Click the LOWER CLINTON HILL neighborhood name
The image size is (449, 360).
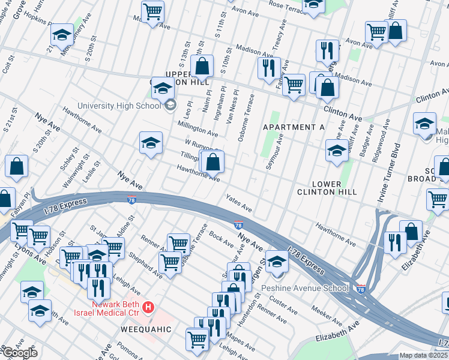pos(327,188)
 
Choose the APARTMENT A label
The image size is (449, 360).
pos(294,127)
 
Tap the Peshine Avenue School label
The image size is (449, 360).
pos(305,288)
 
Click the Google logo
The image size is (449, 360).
pos(20,353)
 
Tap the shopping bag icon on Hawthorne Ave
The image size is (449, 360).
pos(212,162)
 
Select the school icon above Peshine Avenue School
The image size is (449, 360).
pos(277,262)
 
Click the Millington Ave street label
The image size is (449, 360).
pos(197,128)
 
